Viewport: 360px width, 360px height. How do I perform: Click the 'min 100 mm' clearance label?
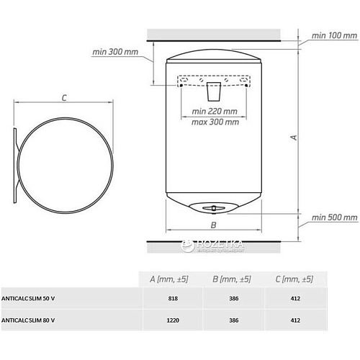pos(334,35)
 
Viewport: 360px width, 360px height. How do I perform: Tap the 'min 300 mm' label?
pos(115,52)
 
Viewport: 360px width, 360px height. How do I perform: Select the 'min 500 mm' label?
pos(334,217)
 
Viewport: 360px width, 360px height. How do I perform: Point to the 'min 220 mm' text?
pos(215,112)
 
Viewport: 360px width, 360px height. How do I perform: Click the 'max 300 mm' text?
pos(215,122)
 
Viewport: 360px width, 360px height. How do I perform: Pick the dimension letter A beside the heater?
pos(294,138)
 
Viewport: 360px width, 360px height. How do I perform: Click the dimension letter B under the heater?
pos(213,225)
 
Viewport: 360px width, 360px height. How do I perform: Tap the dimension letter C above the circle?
pos(64,98)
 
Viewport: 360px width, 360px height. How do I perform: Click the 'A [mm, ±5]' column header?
pos(169,279)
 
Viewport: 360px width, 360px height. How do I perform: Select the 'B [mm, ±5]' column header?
pos(232,279)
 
